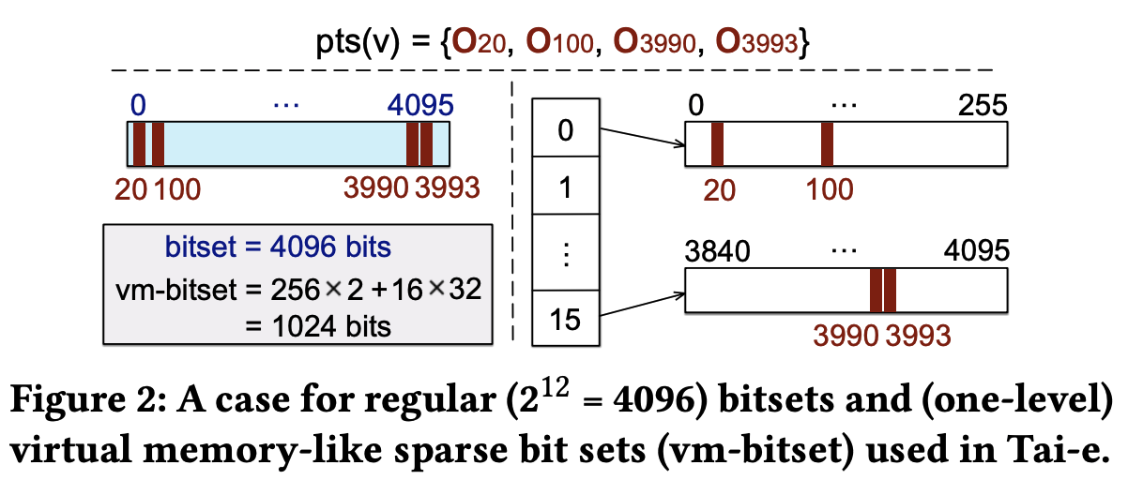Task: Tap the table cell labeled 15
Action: [x=564, y=320]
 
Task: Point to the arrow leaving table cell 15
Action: [x=642, y=307]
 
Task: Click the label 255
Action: [x=982, y=104]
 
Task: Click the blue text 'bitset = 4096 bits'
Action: [x=278, y=249]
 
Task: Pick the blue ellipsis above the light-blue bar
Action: [x=283, y=102]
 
